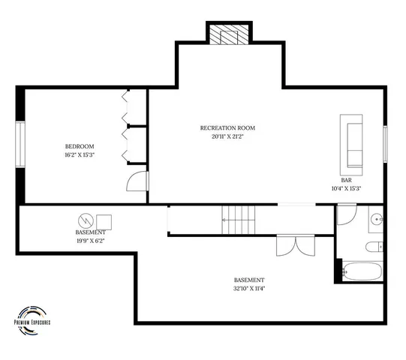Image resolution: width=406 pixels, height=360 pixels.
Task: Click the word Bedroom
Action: [x=79, y=145]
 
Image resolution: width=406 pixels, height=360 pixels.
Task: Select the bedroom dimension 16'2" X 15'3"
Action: [x=79, y=154]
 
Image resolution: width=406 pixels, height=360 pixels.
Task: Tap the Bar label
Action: [x=346, y=180]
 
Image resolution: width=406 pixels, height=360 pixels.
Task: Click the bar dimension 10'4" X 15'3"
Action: [x=346, y=188]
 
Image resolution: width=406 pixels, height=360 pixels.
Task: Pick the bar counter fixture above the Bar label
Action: [x=351, y=142]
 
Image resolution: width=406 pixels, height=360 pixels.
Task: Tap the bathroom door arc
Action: [x=346, y=215]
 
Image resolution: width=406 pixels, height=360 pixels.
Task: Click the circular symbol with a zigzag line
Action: [x=85, y=220]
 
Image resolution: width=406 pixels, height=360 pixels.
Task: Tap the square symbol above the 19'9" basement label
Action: [x=104, y=221]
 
